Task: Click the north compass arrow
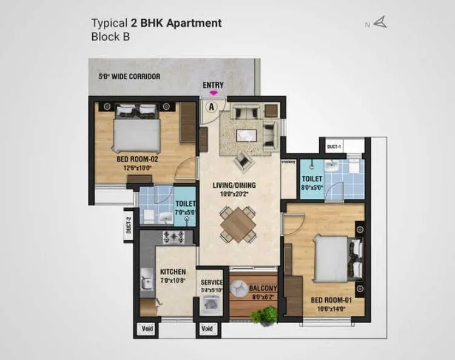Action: coord(380,24)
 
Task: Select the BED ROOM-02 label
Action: coord(137,160)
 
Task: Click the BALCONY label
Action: coord(263,288)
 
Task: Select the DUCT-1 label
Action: coord(335,147)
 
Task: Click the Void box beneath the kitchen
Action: coord(147,329)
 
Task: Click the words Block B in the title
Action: coord(110,36)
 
